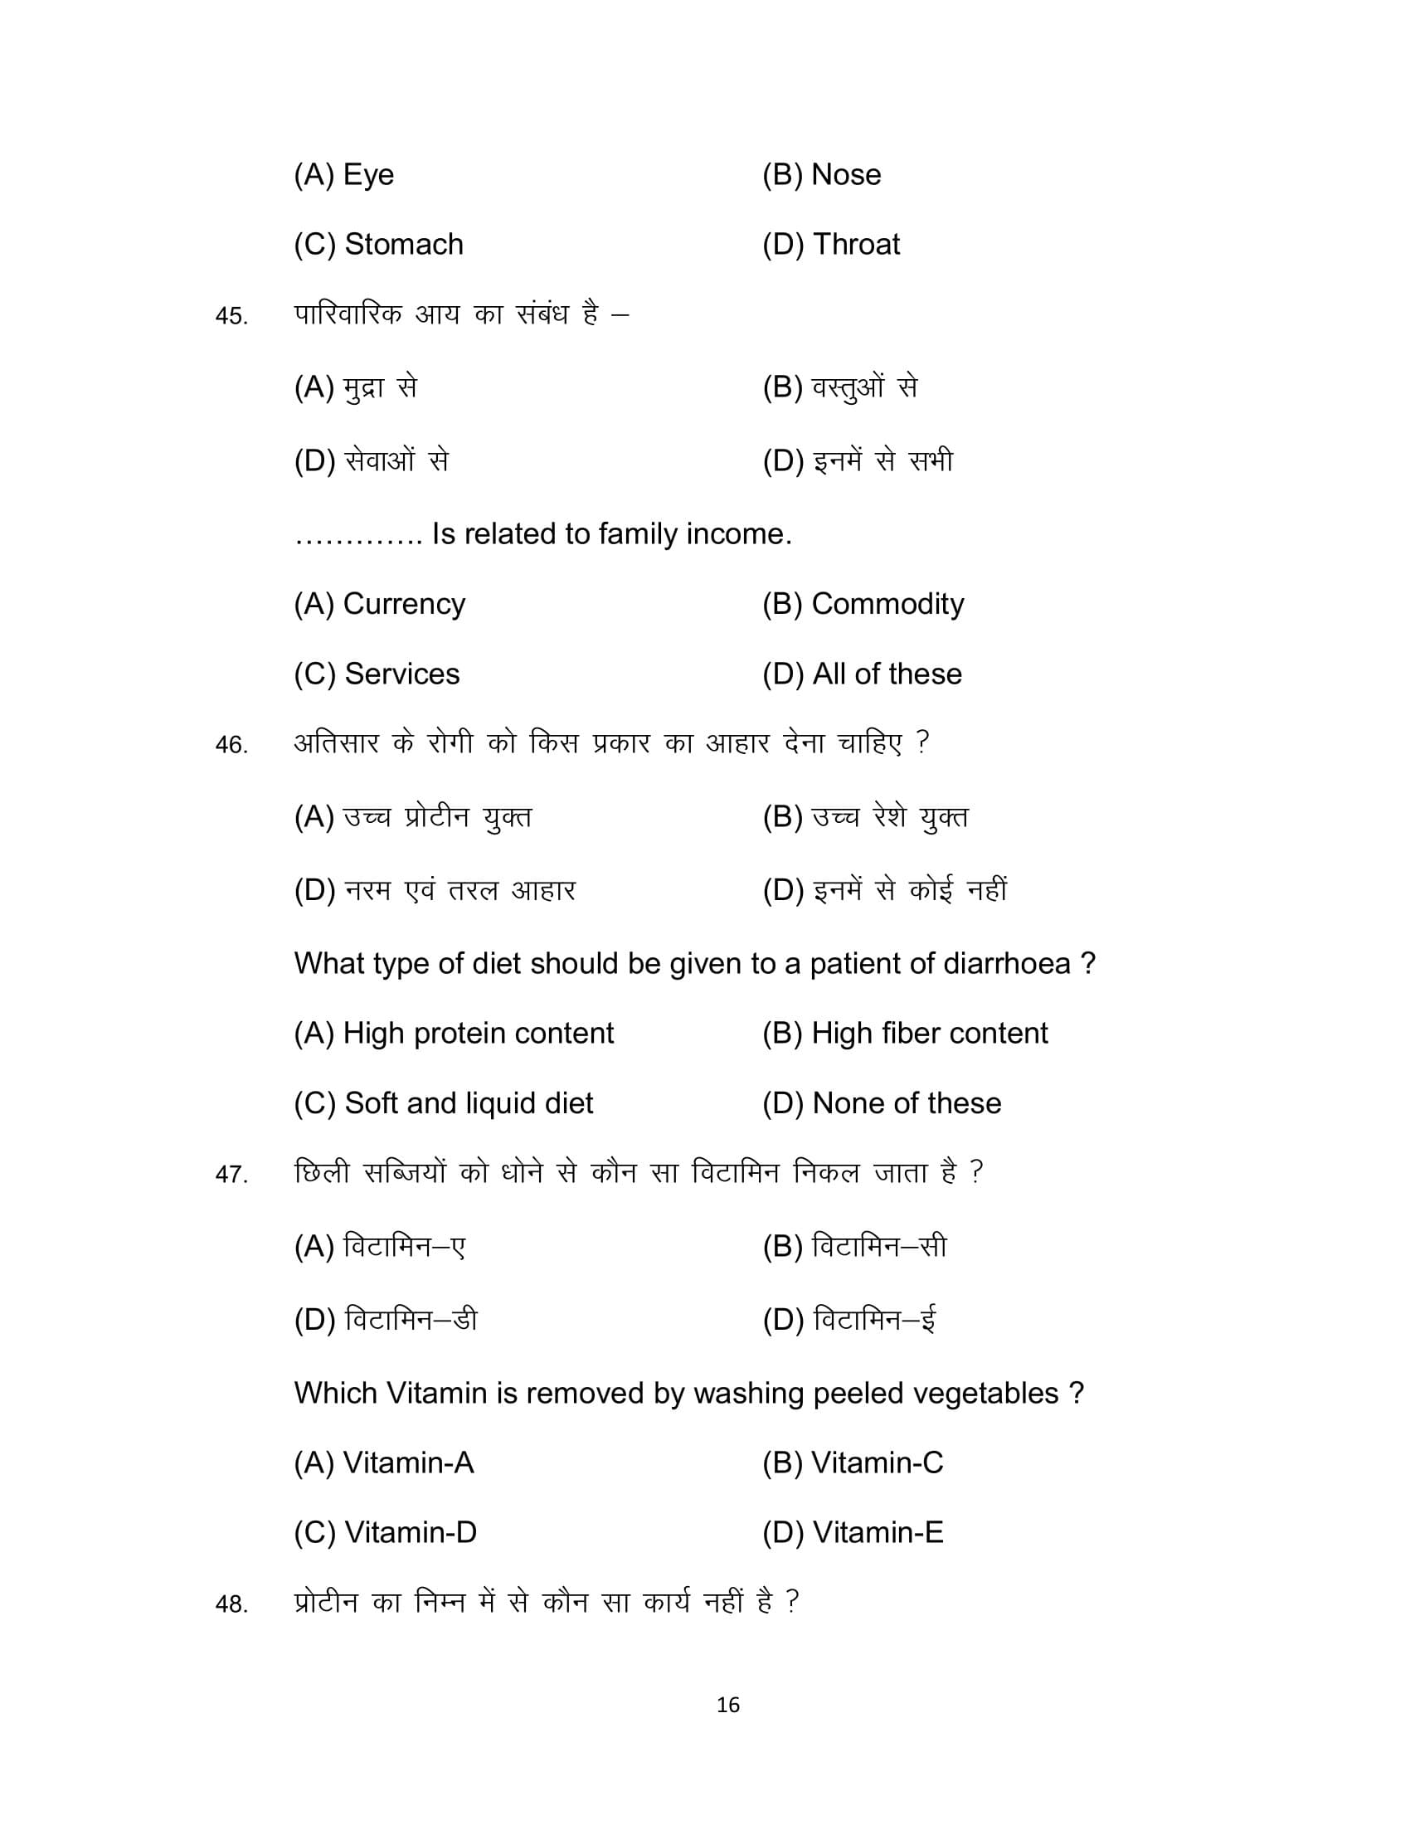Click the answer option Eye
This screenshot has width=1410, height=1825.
click(343, 175)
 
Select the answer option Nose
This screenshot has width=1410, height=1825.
click(821, 175)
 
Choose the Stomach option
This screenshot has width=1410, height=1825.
click(378, 245)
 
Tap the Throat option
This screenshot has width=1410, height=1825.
click(831, 245)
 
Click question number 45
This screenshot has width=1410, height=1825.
click(231, 317)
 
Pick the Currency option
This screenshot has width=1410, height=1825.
click(379, 604)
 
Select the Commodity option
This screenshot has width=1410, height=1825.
click(863, 604)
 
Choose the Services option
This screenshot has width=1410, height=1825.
click(377, 674)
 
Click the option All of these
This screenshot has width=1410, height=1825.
click(862, 674)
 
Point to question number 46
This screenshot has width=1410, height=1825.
click(231, 746)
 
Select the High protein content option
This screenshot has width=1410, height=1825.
click(454, 1034)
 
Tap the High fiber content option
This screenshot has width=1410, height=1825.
click(905, 1034)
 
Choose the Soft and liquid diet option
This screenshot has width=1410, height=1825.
click(444, 1104)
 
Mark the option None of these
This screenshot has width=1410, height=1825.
click(881, 1104)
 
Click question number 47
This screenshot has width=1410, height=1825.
click(231, 1175)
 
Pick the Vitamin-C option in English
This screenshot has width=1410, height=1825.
click(853, 1463)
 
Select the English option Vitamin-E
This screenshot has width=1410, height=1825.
click(853, 1532)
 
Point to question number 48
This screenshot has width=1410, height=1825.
click(231, 1604)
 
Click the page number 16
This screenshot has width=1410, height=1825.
click(727, 1706)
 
